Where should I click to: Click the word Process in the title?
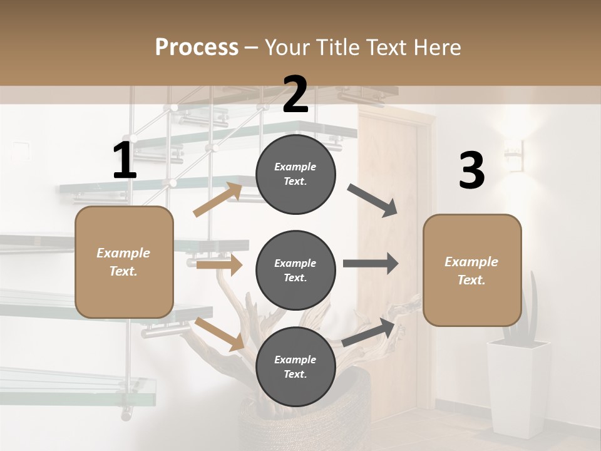pyautogui.click(x=197, y=47)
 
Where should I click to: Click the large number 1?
pyautogui.click(x=125, y=162)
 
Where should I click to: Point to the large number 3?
pyautogui.click(x=471, y=170)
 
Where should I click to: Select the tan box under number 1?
pyautogui.click(x=124, y=262)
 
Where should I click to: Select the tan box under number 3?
pyautogui.click(x=472, y=270)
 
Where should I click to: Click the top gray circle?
pyautogui.click(x=295, y=174)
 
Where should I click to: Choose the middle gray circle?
pyautogui.click(x=295, y=270)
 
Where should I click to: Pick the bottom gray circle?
pyautogui.click(x=295, y=366)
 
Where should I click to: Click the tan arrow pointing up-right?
pyautogui.click(x=218, y=200)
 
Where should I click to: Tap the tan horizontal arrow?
pyautogui.click(x=219, y=265)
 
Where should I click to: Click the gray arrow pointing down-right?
pyautogui.click(x=372, y=200)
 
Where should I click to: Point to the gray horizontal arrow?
pyautogui.click(x=370, y=263)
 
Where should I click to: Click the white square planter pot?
pyautogui.click(x=518, y=388)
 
